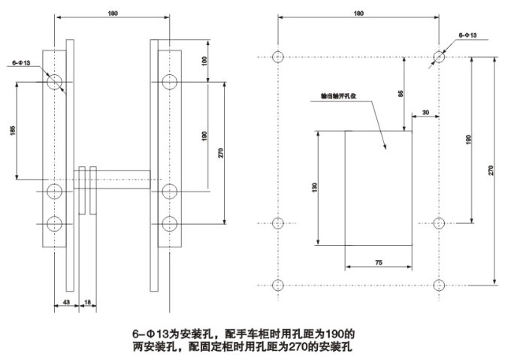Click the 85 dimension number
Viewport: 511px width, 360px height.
401,93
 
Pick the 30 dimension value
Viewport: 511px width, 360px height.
426,113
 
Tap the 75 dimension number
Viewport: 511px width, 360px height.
379,262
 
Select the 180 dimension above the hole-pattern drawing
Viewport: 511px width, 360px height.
358,13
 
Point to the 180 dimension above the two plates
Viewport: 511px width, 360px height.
113,13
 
